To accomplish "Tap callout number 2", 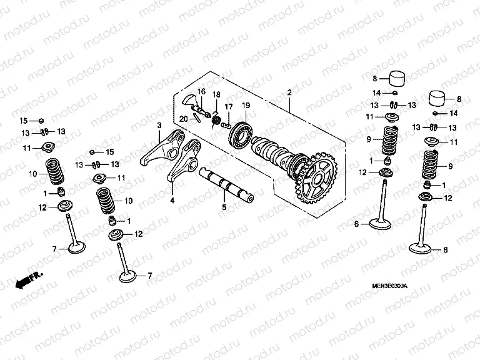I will point(289,94).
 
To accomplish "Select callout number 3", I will point(159,126).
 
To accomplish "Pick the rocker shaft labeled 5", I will point(226,184).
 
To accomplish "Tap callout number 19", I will point(246,105).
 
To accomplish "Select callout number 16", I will point(201,92).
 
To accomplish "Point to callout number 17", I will point(229,106).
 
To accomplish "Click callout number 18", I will point(216,94).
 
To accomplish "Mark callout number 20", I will point(183,118).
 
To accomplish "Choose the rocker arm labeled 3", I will point(161,147).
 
